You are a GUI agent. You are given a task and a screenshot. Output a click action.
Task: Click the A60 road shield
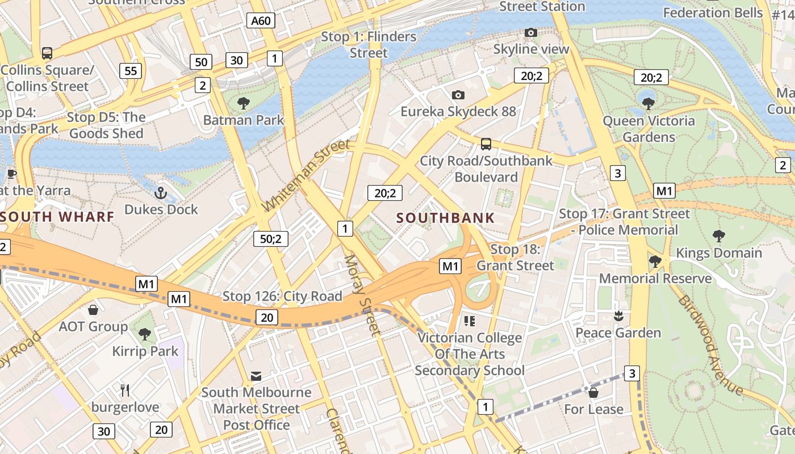click(x=261, y=21)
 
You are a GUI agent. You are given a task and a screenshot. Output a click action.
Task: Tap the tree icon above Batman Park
click(x=244, y=103)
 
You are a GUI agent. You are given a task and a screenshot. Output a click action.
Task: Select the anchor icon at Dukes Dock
click(x=161, y=193)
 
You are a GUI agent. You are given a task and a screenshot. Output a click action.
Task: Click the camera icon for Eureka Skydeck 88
click(x=458, y=95)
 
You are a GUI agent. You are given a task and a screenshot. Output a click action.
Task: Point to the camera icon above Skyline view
click(x=531, y=33)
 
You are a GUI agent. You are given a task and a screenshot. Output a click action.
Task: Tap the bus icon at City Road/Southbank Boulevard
click(x=486, y=144)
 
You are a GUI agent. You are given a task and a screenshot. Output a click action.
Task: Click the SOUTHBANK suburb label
click(x=446, y=218)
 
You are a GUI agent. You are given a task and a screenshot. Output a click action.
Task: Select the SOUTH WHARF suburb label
click(x=57, y=216)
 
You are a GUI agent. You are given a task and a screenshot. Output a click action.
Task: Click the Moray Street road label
click(x=361, y=295)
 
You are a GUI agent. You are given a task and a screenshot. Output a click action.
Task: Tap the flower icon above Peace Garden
click(x=618, y=316)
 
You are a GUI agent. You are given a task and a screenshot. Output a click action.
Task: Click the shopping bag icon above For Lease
click(x=593, y=392)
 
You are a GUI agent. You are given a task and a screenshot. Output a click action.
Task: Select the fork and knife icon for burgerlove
click(x=125, y=390)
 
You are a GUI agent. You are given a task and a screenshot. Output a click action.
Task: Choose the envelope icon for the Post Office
click(x=256, y=376)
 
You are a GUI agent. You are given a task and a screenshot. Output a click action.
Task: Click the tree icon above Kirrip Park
click(x=145, y=334)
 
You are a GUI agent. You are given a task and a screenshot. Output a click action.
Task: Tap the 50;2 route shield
click(x=271, y=239)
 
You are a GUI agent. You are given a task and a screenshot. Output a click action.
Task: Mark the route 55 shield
click(x=131, y=71)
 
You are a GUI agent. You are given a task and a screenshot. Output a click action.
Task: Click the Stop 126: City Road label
click(x=282, y=296)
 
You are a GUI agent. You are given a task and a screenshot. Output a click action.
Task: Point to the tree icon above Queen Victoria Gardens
click(x=648, y=104)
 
